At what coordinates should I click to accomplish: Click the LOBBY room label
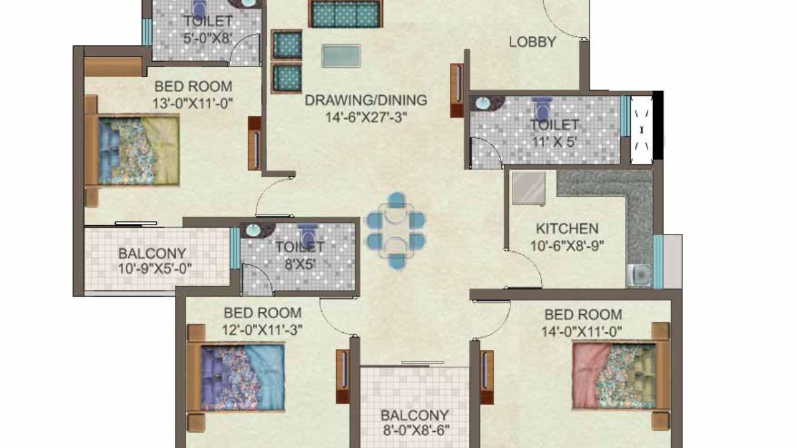pyautogui.click(x=532, y=42)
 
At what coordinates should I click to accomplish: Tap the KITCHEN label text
pyautogui.click(x=567, y=229)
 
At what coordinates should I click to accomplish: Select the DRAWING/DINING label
pyautogui.click(x=365, y=100)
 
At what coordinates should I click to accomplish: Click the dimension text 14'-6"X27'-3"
pyautogui.click(x=365, y=117)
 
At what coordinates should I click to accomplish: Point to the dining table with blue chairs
pyautogui.click(x=395, y=230)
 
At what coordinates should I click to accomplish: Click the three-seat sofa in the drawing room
pyautogui.click(x=345, y=14)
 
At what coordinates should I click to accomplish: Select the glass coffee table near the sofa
pyautogui.click(x=341, y=56)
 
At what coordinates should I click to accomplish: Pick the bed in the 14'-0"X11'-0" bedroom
pyautogui.click(x=620, y=375)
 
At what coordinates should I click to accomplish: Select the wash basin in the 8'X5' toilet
pyautogui.click(x=253, y=230)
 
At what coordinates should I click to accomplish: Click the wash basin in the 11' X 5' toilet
pyautogui.click(x=482, y=105)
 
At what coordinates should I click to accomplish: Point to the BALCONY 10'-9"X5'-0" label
pyautogui.click(x=153, y=261)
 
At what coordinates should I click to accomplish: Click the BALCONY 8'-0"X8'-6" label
pyautogui.click(x=415, y=422)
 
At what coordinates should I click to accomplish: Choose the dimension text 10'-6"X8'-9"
pyautogui.click(x=567, y=245)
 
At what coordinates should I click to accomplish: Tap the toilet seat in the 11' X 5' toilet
pyautogui.click(x=542, y=110)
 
